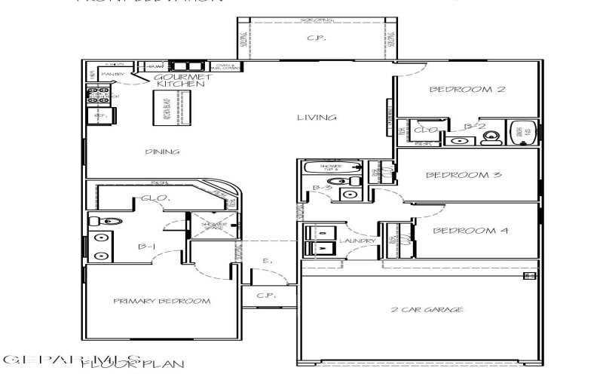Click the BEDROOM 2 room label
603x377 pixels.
457,90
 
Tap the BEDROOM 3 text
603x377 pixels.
454,176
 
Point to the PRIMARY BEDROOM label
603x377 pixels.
161,302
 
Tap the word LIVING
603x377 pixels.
316,118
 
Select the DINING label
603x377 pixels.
162,152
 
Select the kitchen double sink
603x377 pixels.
185,66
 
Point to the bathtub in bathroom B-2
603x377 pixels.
522,132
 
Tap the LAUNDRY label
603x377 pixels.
351,241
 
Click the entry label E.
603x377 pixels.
265,262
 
